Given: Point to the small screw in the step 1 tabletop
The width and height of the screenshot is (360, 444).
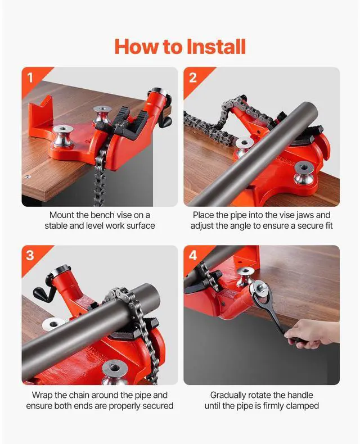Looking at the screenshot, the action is pos(27,176).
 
